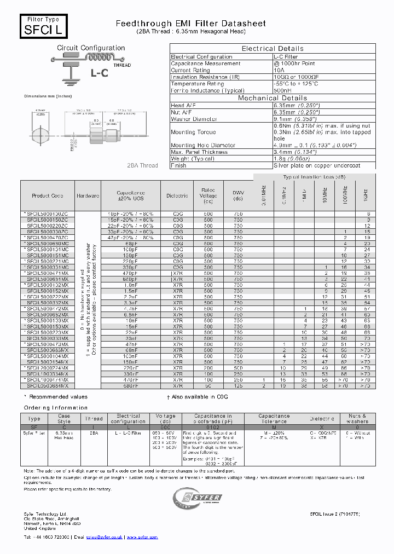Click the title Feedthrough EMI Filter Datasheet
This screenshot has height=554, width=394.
(x=191, y=24)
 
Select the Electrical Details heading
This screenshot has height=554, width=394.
(x=273, y=49)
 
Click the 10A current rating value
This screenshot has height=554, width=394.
(x=279, y=70)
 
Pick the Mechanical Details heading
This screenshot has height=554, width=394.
(x=273, y=98)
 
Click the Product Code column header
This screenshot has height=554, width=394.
(x=48, y=195)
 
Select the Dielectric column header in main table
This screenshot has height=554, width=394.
(x=177, y=195)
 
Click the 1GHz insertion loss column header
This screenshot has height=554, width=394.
(x=366, y=194)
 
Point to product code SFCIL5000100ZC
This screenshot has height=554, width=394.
(x=48, y=213)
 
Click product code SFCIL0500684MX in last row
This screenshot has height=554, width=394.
(x=48, y=385)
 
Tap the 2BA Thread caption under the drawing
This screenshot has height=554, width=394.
(x=142, y=165)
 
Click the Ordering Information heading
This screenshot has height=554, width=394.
(x=55, y=408)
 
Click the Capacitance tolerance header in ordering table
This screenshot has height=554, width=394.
(x=274, y=419)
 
